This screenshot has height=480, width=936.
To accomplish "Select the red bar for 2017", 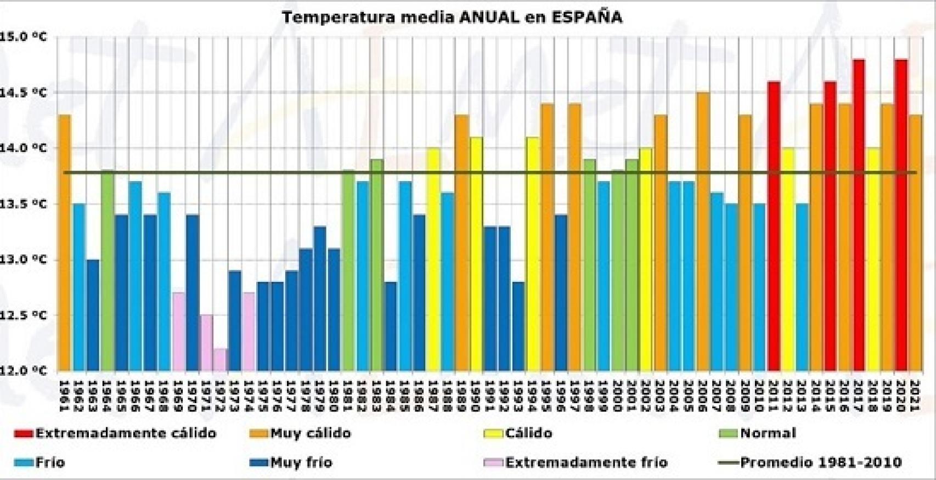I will click(x=859, y=214).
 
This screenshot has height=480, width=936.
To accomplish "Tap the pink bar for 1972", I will click(x=219, y=360).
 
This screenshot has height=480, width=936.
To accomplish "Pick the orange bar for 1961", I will click(x=65, y=241).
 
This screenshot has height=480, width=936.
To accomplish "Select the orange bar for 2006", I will click(x=703, y=230).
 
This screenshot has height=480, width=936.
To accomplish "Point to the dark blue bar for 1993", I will click(x=518, y=326).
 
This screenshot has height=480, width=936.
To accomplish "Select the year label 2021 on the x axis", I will click(x=915, y=395).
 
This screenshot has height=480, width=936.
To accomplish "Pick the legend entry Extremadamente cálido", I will click(x=126, y=433).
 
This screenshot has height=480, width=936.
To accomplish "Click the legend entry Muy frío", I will click(x=301, y=462).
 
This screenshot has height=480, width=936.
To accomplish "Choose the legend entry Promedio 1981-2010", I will click(x=821, y=462).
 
